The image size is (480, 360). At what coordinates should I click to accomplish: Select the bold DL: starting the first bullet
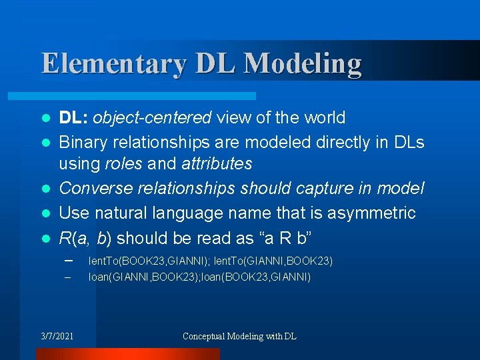click(x=73, y=118)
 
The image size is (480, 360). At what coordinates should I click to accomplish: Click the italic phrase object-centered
click(x=152, y=118)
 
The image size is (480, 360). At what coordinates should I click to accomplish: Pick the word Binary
click(x=83, y=142)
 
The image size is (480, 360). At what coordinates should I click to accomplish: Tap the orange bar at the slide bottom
click(x=127, y=354)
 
